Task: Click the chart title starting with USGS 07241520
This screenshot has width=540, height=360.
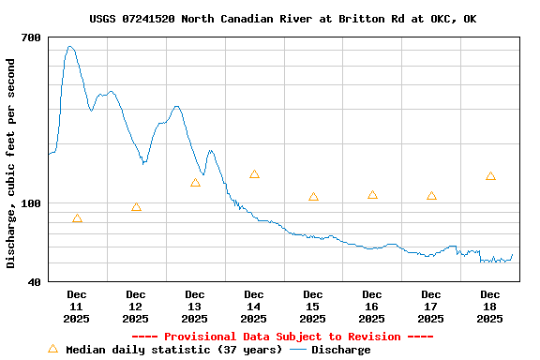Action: coord(282,19)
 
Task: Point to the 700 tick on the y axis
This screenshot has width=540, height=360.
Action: coord(31,37)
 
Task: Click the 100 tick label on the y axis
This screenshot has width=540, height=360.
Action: coord(31,203)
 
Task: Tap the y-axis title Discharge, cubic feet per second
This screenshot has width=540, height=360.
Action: coord(11,163)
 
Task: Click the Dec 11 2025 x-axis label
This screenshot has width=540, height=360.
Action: coord(77,307)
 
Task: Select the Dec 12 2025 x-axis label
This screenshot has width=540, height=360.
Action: coord(136,307)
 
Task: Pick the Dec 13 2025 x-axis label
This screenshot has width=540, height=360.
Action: coord(195,307)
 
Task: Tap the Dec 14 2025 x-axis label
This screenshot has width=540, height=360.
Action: coord(254,307)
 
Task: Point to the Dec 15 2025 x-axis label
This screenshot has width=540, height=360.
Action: coord(313,307)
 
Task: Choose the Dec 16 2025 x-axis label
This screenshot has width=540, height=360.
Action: coord(372,307)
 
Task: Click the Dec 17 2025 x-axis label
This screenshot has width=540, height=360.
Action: coord(431,307)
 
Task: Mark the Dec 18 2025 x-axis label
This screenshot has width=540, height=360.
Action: coord(490,307)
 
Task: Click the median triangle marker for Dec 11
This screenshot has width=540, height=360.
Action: coord(77,218)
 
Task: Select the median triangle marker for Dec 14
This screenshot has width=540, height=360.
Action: coord(254,174)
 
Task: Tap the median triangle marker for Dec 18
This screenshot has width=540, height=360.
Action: coord(490,176)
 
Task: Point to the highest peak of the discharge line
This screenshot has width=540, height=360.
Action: coord(69,46)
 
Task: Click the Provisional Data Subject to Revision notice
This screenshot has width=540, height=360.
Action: coord(282,337)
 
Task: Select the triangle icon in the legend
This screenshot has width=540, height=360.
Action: coord(52,349)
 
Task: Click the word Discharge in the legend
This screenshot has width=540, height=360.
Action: coord(340,350)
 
